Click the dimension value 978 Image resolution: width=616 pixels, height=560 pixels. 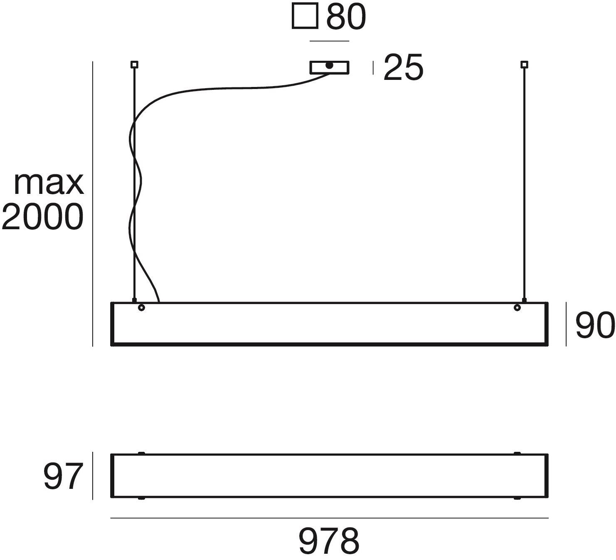point(329,540)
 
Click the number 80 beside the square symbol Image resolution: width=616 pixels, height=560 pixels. point(346,17)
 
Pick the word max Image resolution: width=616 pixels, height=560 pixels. point(49,183)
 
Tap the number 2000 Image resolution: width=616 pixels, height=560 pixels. point(42,217)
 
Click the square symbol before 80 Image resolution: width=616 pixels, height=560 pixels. point(305,17)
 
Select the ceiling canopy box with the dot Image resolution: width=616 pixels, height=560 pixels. point(341,67)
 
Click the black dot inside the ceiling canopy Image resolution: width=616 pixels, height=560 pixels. point(329,65)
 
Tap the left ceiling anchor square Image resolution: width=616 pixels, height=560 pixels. point(134,64)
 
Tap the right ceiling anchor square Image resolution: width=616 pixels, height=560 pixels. point(524,64)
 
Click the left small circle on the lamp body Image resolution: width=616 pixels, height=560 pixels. point(141,308)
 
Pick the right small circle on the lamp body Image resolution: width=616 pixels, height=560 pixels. point(517,308)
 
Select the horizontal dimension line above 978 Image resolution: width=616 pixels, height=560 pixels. point(329,518)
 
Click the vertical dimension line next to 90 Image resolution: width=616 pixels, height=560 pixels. point(566,325)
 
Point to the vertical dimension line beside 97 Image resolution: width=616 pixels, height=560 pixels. point(92,476)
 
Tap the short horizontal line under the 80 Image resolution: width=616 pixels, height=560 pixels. point(329,41)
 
